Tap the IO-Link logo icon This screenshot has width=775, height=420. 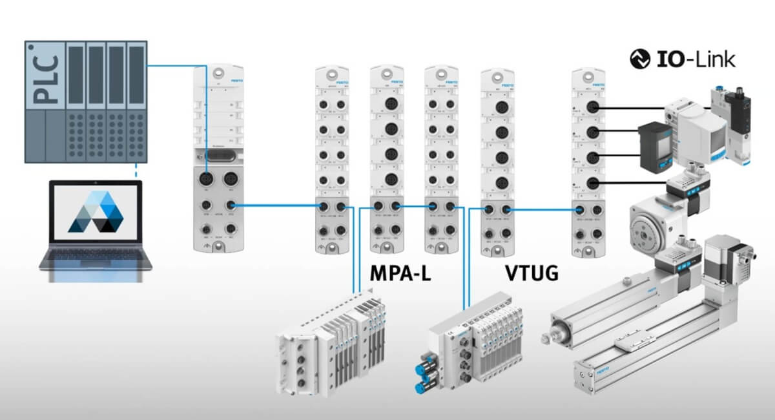pos(640,59)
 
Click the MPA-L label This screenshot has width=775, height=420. pos(400,273)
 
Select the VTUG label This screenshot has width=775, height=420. pos(531,273)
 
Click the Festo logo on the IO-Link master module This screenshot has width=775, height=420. pos(599,85)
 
